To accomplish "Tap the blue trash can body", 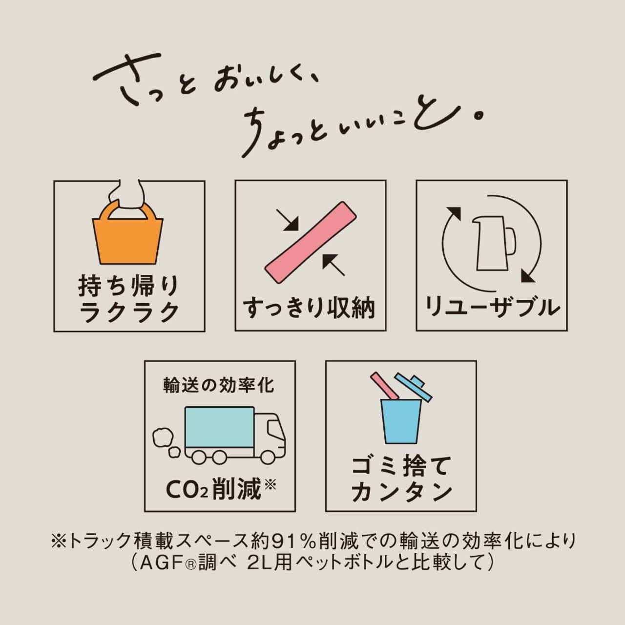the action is (x=401, y=421).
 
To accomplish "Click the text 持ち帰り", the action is (x=129, y=287).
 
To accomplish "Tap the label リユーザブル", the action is (x=492, y=307).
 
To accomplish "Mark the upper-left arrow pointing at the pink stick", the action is (x=288, y=220).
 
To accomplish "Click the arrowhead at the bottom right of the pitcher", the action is (x=528, y=277).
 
